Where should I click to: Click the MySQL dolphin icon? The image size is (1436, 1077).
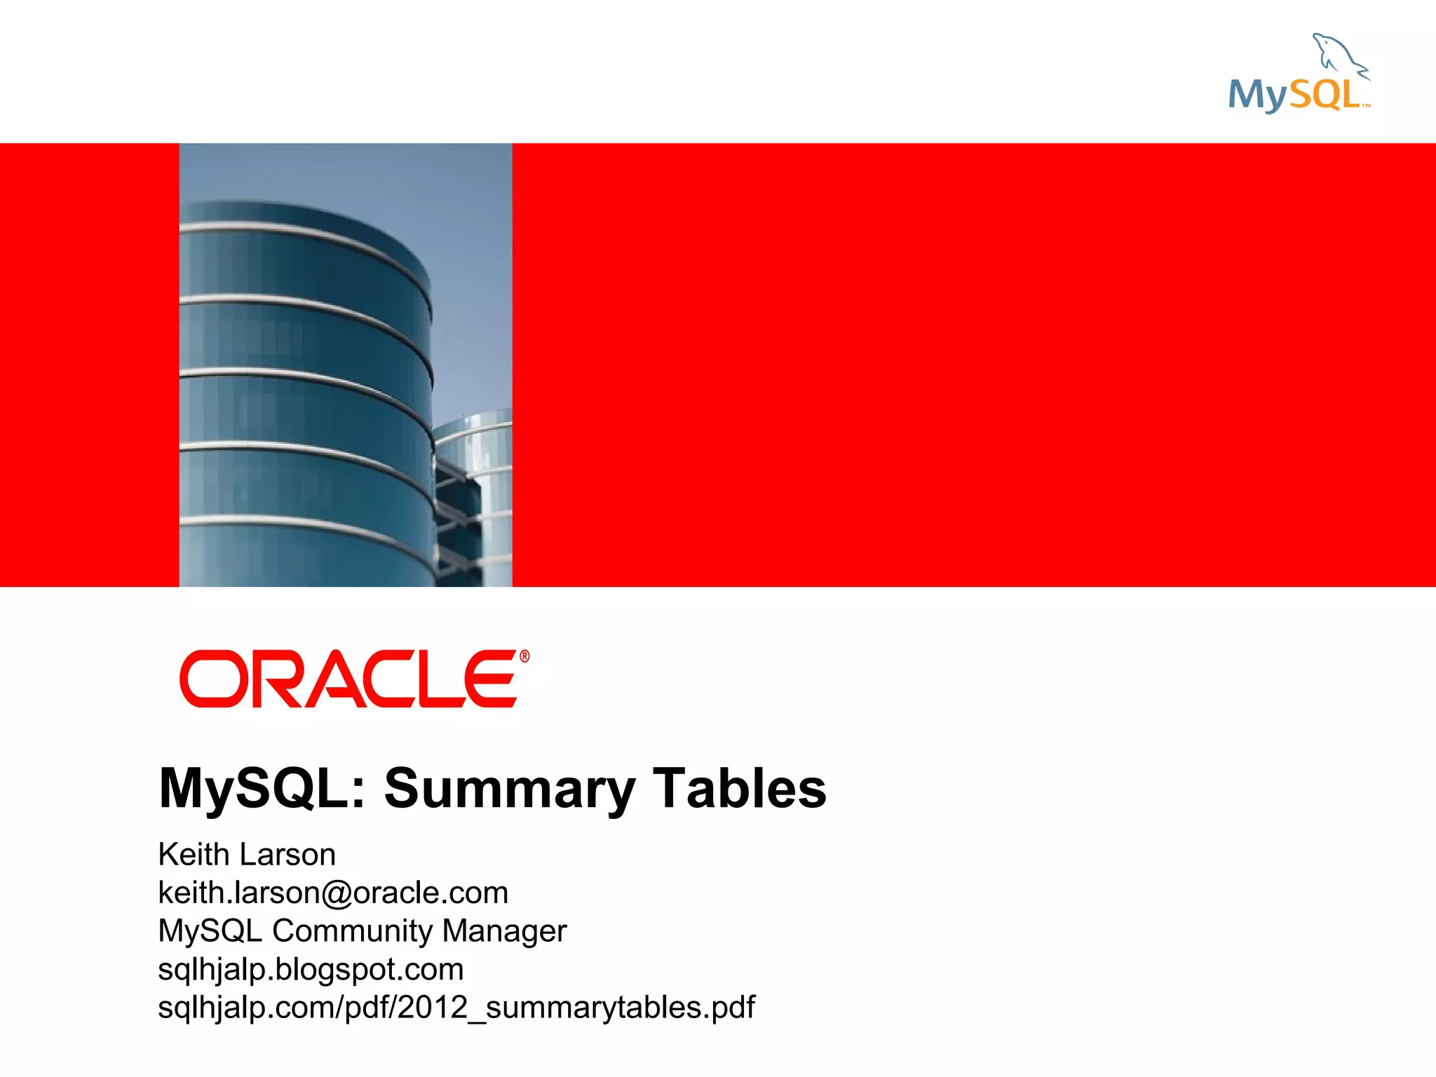click(1339, 55)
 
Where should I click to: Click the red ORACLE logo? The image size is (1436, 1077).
click(349, 679)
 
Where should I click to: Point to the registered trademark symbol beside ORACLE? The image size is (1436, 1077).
click(524, 657)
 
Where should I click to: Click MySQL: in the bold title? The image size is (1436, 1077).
click(263, 788)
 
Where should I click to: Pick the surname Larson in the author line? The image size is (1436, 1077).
click(287, 855)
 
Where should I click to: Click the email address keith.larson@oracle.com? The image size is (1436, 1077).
click(333, 893)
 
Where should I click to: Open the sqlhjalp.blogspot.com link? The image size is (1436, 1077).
click(311, 970)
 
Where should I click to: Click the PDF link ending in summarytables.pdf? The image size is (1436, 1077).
click(456, 1008)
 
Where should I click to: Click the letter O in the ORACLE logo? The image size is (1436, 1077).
click(210, 679)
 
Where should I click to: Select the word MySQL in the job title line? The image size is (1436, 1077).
click(210, 931)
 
